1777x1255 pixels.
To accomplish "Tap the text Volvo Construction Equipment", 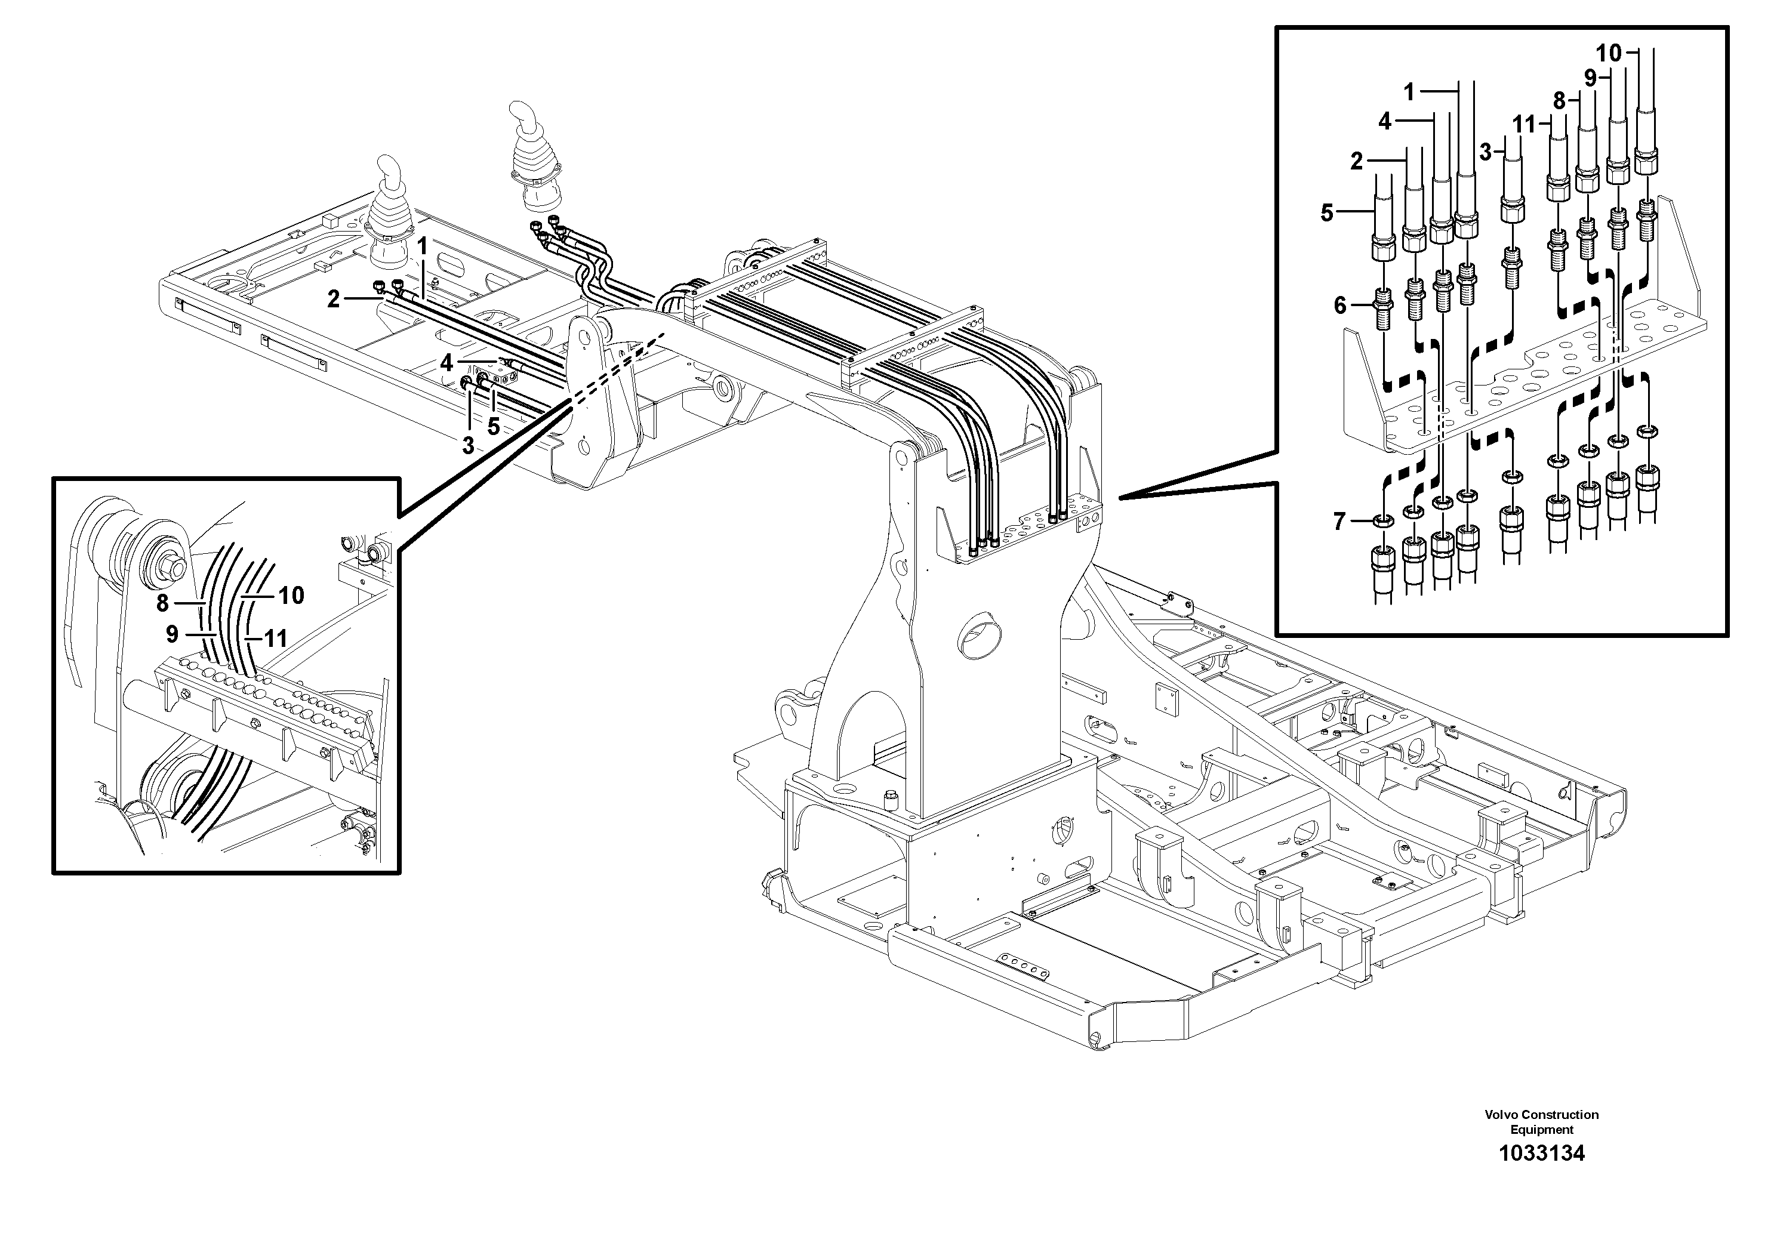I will pyautogui.click(x=1541, y=1122).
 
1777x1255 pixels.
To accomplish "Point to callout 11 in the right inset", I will pyautogui.click(x=1523, y=124).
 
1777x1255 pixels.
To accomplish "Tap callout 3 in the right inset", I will pyautogui.click(x=1485, y=152).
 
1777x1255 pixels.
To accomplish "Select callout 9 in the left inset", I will pyautogui.click(x=172, y=634).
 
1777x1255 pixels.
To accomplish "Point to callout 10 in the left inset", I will pyautogui.click(x=291, y=595).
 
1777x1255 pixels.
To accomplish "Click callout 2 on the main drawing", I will pyautogui.click(x=333, y=298).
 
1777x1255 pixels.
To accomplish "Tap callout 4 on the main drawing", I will pyautogui.click(x=446, y=362).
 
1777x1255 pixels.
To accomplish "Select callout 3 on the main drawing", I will pyautogui.click(x=467, y=445).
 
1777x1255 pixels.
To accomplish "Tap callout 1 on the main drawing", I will pyautogui.click(x=423, y=247).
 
